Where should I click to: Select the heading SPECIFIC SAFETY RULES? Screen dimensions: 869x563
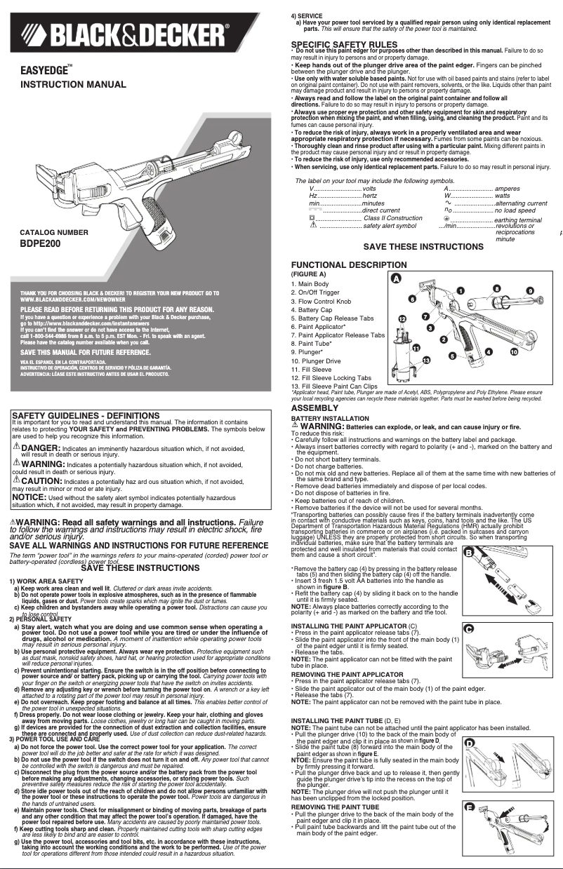tap(344, 44)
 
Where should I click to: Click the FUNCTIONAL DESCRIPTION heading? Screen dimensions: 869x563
tap(347, 264)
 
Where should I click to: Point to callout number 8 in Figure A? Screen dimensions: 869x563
tap(496, 288)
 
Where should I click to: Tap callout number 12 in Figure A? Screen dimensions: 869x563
tap(402, 318)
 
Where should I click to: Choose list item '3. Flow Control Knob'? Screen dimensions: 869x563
tap(321, 301)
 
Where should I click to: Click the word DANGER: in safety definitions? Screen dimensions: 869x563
tap(41, 447)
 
